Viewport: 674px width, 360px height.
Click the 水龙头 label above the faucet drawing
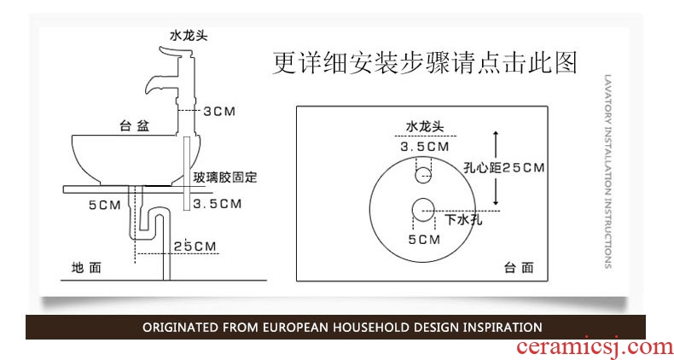[x=188, y=36]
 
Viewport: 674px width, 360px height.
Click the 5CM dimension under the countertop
[x=104, y=205]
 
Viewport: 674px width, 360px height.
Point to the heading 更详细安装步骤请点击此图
[x=425, y=63]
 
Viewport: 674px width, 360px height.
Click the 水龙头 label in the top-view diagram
[x=425, y=126]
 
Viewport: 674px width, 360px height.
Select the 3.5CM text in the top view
[x=425, y=147]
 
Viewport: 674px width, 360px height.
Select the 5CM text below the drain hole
[x=424, y=240]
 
